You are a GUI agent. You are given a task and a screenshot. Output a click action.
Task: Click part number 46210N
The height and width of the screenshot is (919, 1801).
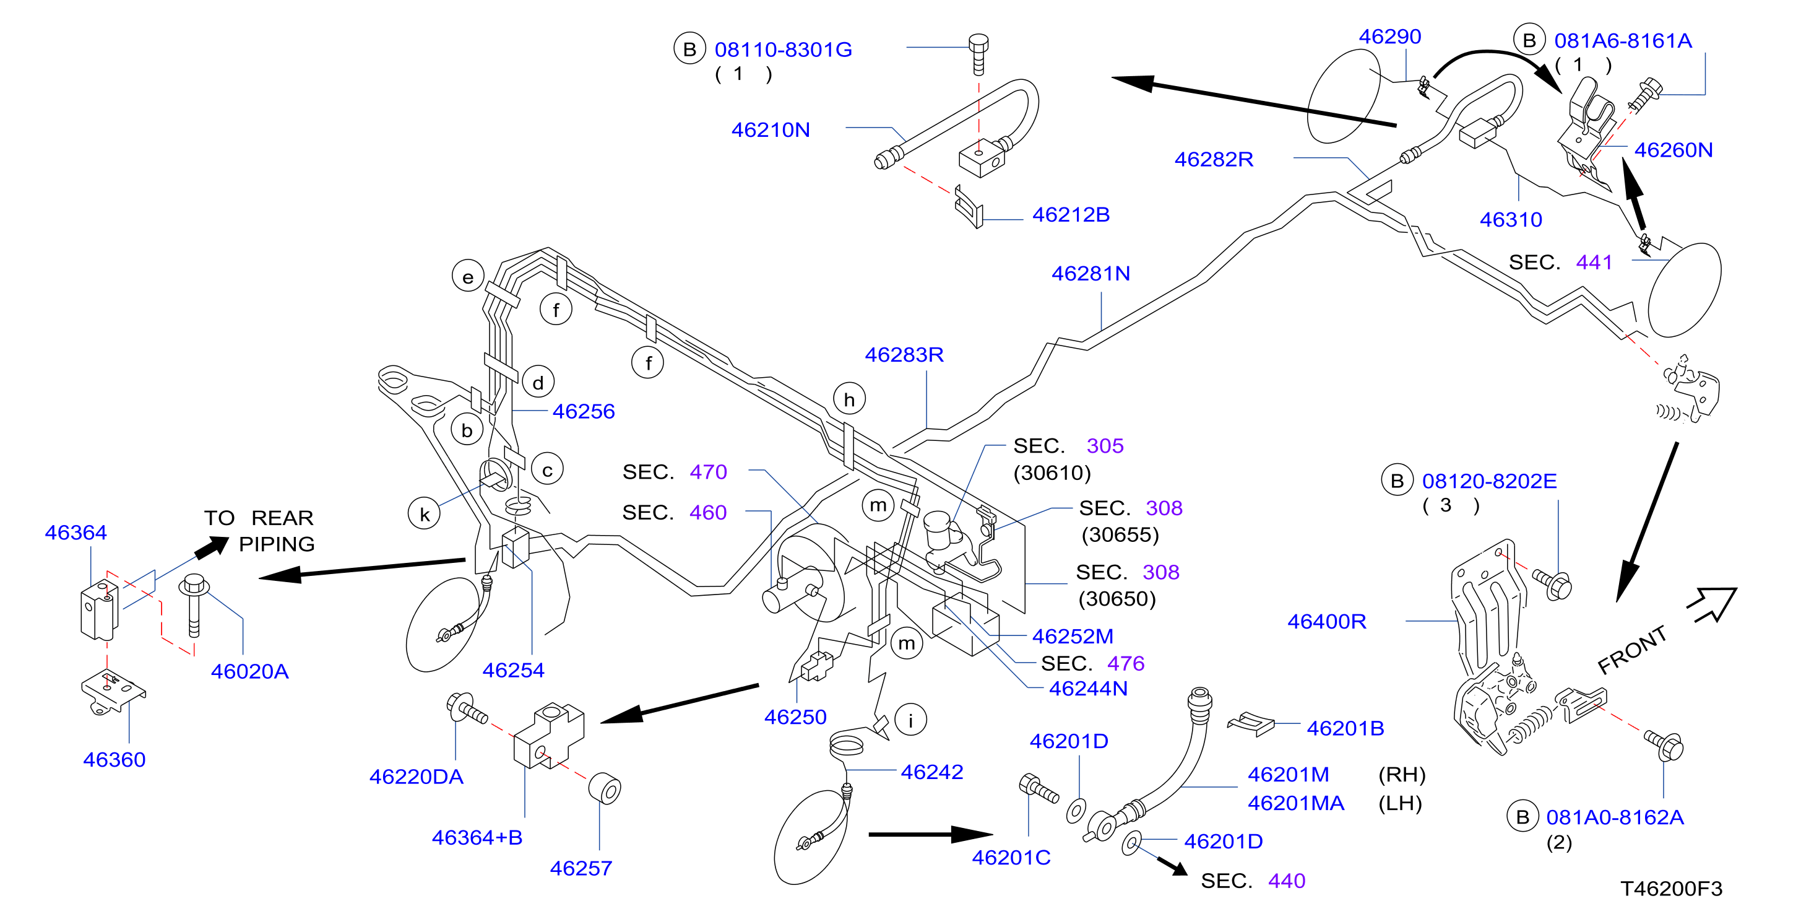[771, 130]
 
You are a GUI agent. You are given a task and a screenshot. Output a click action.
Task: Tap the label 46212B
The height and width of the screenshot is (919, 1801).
[1071, 215]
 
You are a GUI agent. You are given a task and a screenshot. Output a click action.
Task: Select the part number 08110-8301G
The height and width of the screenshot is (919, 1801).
[783, 50]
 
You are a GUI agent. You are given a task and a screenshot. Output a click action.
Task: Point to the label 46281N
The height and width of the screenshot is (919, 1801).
[1091, 274]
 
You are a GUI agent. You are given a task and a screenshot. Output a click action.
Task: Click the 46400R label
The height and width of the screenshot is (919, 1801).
[1327, 622]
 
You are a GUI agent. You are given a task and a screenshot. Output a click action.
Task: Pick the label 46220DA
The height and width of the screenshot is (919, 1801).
[416, 777]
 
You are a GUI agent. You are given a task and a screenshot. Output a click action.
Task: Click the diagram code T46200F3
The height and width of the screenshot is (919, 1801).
[1672, 889]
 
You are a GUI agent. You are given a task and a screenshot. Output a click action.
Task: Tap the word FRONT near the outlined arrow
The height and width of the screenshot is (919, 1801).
[1633, 650]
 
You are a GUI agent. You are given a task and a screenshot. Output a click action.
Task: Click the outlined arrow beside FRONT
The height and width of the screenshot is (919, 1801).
[1712, 604]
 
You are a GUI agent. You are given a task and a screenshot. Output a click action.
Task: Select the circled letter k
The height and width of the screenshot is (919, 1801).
[425, 514]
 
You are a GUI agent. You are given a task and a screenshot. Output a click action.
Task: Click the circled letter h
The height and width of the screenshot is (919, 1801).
[850, 399]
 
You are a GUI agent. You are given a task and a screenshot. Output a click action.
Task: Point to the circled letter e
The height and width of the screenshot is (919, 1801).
[468, 277]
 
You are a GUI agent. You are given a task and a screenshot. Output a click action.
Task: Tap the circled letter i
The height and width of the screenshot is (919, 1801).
[910, 720]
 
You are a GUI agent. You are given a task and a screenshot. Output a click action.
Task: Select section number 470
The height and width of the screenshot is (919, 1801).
[708, 472]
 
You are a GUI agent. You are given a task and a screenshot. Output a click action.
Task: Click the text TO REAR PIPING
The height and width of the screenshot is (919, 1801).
[259, 531]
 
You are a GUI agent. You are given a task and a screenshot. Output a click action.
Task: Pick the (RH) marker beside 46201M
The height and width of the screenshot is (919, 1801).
[1402, 775]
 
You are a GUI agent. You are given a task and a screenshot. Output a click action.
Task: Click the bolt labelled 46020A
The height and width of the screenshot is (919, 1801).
[194, 605]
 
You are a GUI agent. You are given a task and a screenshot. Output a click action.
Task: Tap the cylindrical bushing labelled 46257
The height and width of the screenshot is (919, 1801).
[605, 789]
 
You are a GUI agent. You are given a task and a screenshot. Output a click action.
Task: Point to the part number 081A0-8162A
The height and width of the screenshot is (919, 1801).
[1615, 817]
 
